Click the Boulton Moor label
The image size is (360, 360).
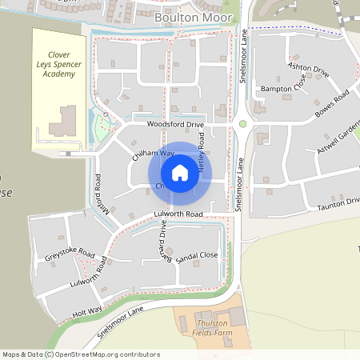pos(194,16)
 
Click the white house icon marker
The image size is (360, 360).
pos(180,173)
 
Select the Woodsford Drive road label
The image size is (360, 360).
pos(175,126)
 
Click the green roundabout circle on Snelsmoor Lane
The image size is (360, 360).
pos(242,124)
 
